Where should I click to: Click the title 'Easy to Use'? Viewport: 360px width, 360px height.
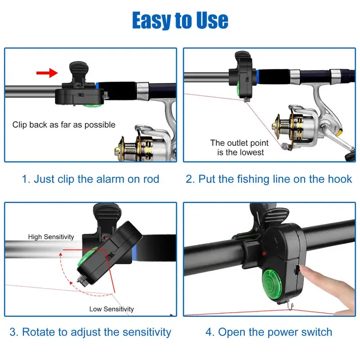click(180, 20)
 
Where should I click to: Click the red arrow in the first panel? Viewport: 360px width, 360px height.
click(47, 72)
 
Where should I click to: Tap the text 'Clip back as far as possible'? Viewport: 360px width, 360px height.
click(64, 125)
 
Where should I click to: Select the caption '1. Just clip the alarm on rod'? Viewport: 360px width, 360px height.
click(90, 179)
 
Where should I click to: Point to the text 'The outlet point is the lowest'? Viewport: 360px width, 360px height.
click(239, 148)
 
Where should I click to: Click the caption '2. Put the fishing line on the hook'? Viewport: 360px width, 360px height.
click(269, 179)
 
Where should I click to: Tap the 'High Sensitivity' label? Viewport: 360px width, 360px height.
click(51, 237)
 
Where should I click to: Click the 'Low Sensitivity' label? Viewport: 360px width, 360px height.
click(112, 309)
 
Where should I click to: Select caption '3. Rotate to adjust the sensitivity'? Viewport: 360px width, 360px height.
click(90, 333)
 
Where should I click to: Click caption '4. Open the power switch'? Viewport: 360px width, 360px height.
click(269, 333)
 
